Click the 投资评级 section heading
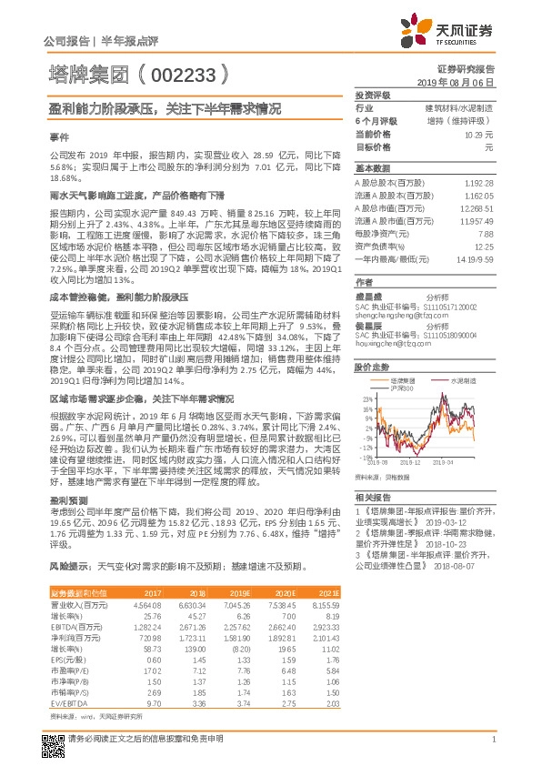pyautogui.click(x=372, y=95)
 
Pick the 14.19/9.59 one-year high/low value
pyautogui.click(x=474, y=257)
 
